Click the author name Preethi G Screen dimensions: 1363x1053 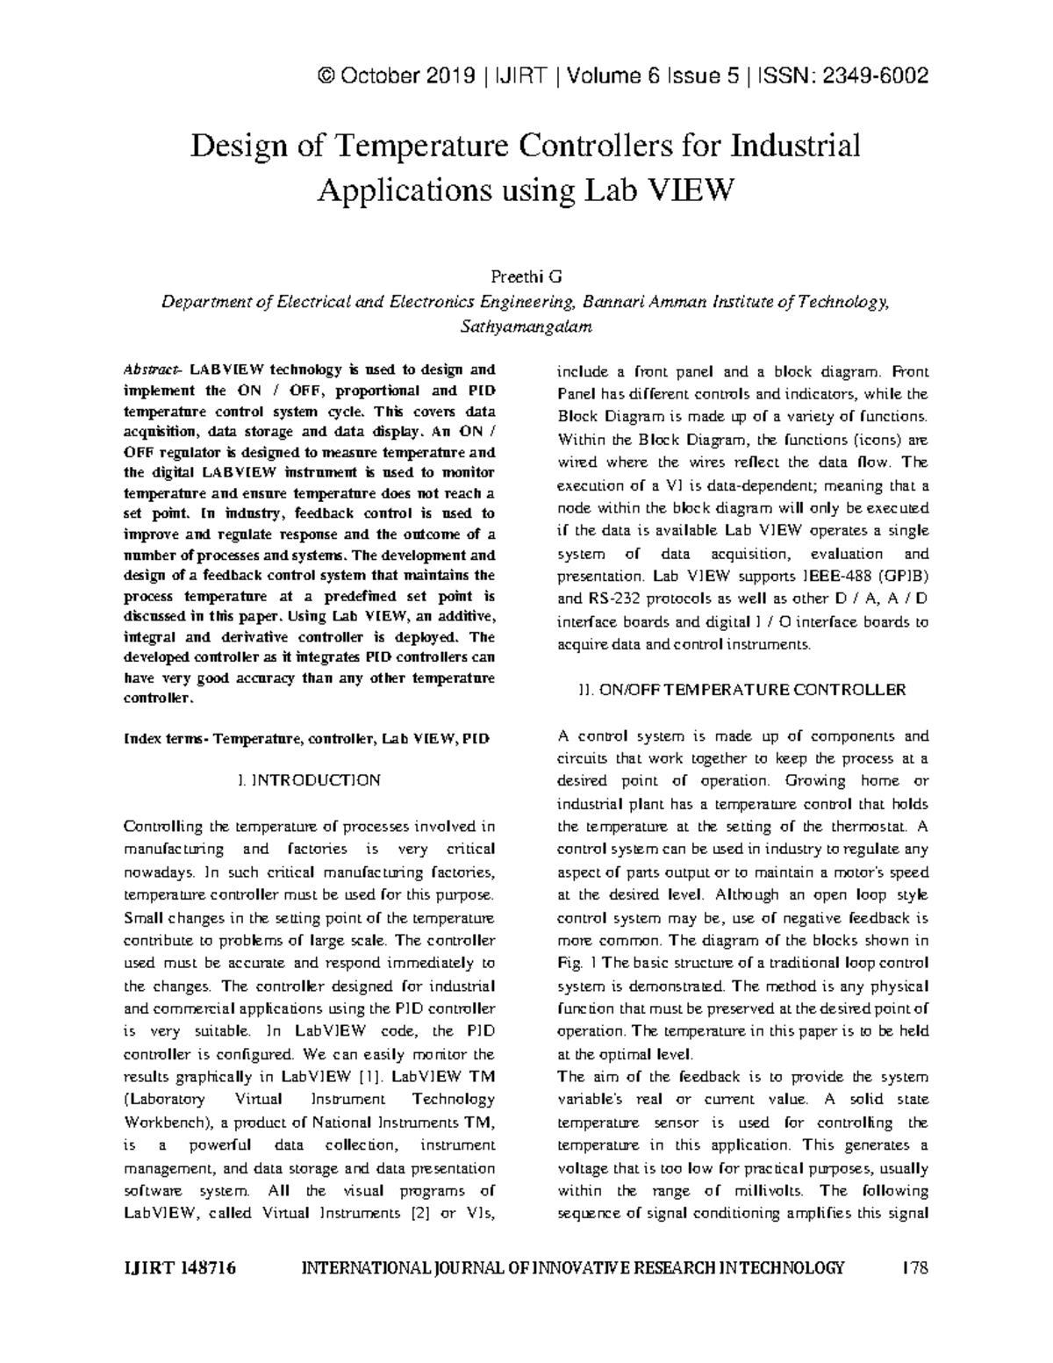tap(526, 278)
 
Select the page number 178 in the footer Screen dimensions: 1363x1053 tap(914, 1268)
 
